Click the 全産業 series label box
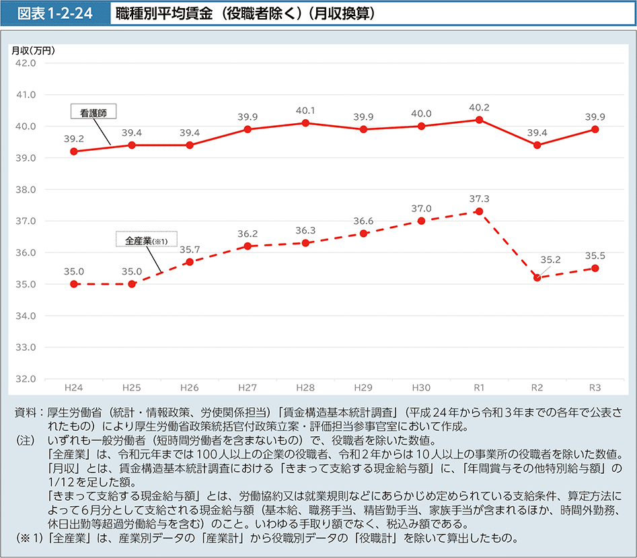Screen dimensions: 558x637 click(x=146, y=240)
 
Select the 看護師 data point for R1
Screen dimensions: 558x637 click(x=479, y=120)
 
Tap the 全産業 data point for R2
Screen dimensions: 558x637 click(x=537, y=277)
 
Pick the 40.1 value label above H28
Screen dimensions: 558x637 click(x=305, y=110)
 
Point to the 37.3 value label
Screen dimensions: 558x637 click(x=479, y=199)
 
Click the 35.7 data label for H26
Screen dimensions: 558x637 click(x=190, y=249)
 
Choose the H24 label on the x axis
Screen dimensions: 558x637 click(x=73, y=388)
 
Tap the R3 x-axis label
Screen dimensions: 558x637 click(x=595, y=388)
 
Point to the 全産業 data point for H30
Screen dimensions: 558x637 click(x=421, y=221)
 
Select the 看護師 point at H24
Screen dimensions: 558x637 click(x=73, y=151)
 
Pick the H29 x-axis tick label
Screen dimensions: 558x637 click(x=363, y=388)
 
